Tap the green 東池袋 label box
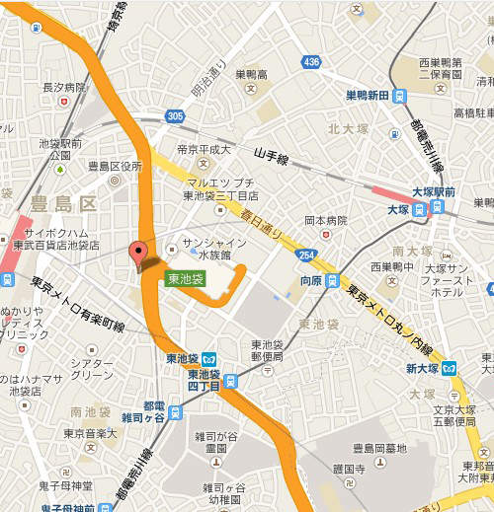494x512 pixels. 185,279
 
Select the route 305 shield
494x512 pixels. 175,116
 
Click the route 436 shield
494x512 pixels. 312,62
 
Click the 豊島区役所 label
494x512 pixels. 116,165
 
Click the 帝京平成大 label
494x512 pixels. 204,149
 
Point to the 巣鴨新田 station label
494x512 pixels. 368,96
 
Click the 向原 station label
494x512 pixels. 311,281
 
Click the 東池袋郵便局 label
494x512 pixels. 269,350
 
